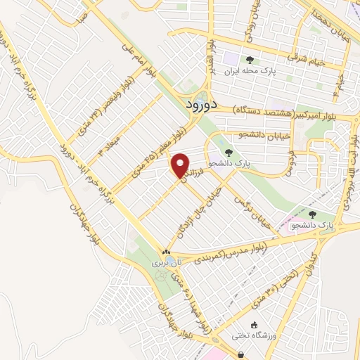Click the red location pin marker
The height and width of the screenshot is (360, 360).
(181, 166)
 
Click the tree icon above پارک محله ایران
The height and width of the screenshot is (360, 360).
(249, 60)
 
